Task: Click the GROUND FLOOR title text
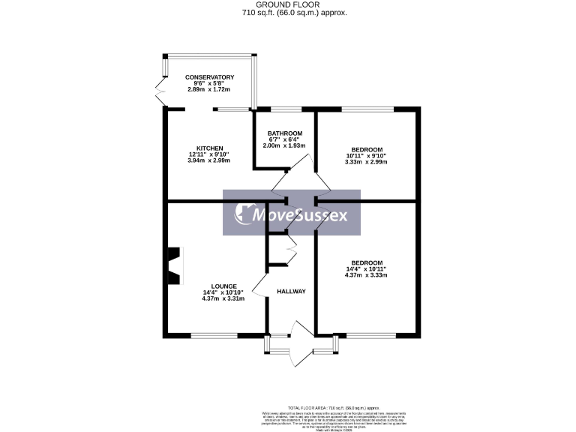[287, 4]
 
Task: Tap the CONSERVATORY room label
[210, 77]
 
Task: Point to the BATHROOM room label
[285, 133]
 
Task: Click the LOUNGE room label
[224, 286]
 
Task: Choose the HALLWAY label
[291, 291]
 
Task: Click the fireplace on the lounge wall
[174, 266]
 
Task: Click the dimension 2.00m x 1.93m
[285, 145]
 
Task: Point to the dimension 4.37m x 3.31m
[224, 298]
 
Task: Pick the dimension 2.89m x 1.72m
[210, 89]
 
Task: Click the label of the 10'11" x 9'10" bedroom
[367, 149]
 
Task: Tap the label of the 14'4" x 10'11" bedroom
[367, 262]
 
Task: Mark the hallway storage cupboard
[281, 249]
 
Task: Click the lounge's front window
[214, 334]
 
